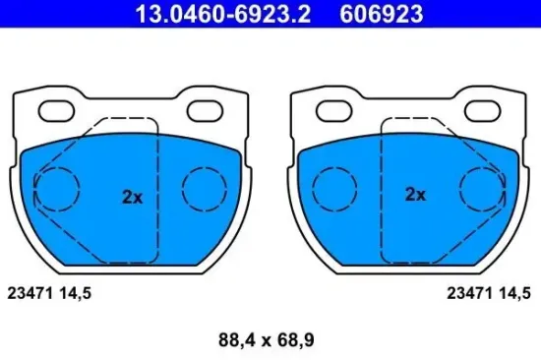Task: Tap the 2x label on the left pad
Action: click(133, 196)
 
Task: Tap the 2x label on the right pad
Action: click(415, 195)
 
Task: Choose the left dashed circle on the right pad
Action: click(335, 188)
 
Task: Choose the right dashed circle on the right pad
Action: click(485, 188)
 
